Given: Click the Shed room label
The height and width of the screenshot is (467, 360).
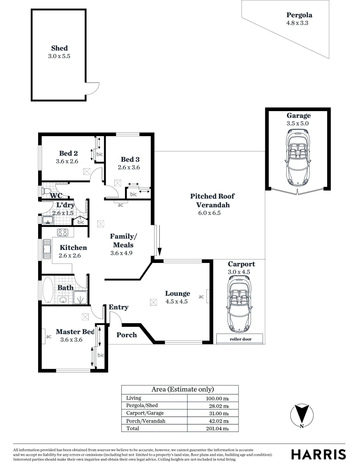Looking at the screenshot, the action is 59,48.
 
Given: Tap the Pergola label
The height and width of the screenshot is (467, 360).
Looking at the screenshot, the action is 297,15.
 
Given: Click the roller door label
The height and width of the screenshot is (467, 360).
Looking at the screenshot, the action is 240,339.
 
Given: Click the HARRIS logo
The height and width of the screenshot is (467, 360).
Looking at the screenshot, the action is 318,454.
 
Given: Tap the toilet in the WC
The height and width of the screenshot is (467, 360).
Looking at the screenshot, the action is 46,190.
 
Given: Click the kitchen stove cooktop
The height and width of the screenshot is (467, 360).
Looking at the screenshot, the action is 62,233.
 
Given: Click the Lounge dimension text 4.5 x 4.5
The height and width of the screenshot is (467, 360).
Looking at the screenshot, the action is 177,302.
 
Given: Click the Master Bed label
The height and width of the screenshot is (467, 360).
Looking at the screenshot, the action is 75,332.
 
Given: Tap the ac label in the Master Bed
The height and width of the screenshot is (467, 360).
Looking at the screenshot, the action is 48,336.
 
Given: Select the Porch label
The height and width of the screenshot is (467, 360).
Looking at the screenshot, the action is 127,335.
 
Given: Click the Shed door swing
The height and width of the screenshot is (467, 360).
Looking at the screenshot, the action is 91,88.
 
